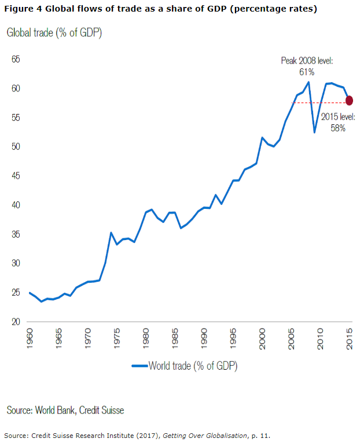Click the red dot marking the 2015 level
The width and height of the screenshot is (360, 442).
tap(350, 101)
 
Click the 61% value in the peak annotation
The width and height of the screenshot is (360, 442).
tap(307, 72)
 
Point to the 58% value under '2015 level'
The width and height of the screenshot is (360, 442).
tap(338, 128)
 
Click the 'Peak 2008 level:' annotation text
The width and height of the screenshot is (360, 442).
tap(307, 61)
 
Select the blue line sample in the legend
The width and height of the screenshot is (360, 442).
tap(139, 366)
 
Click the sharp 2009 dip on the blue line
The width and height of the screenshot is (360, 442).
tap(314, 132)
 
